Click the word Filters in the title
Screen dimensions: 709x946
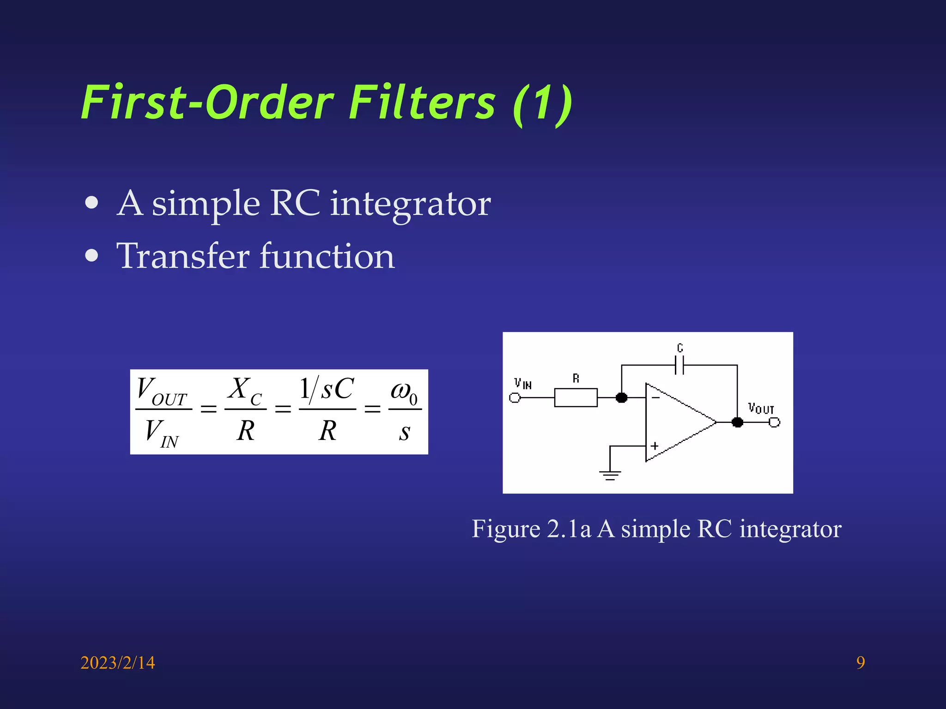(421, 102)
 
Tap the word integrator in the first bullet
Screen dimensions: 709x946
(410, 204)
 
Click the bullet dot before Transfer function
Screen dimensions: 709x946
(92, 256)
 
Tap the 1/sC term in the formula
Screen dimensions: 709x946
(327, 389)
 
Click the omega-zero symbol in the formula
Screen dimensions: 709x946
(404, 391)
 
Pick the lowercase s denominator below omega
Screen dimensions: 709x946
(405, 432)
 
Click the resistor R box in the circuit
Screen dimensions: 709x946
(576, 397)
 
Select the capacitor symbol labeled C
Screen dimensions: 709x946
(679, 365)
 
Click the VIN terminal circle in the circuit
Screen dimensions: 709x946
(515, 397)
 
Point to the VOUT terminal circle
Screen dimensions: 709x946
(775, 422)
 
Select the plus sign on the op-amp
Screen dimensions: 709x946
(655, 446)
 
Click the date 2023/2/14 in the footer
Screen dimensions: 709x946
(118, 663)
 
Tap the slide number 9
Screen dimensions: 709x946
(861, 663)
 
